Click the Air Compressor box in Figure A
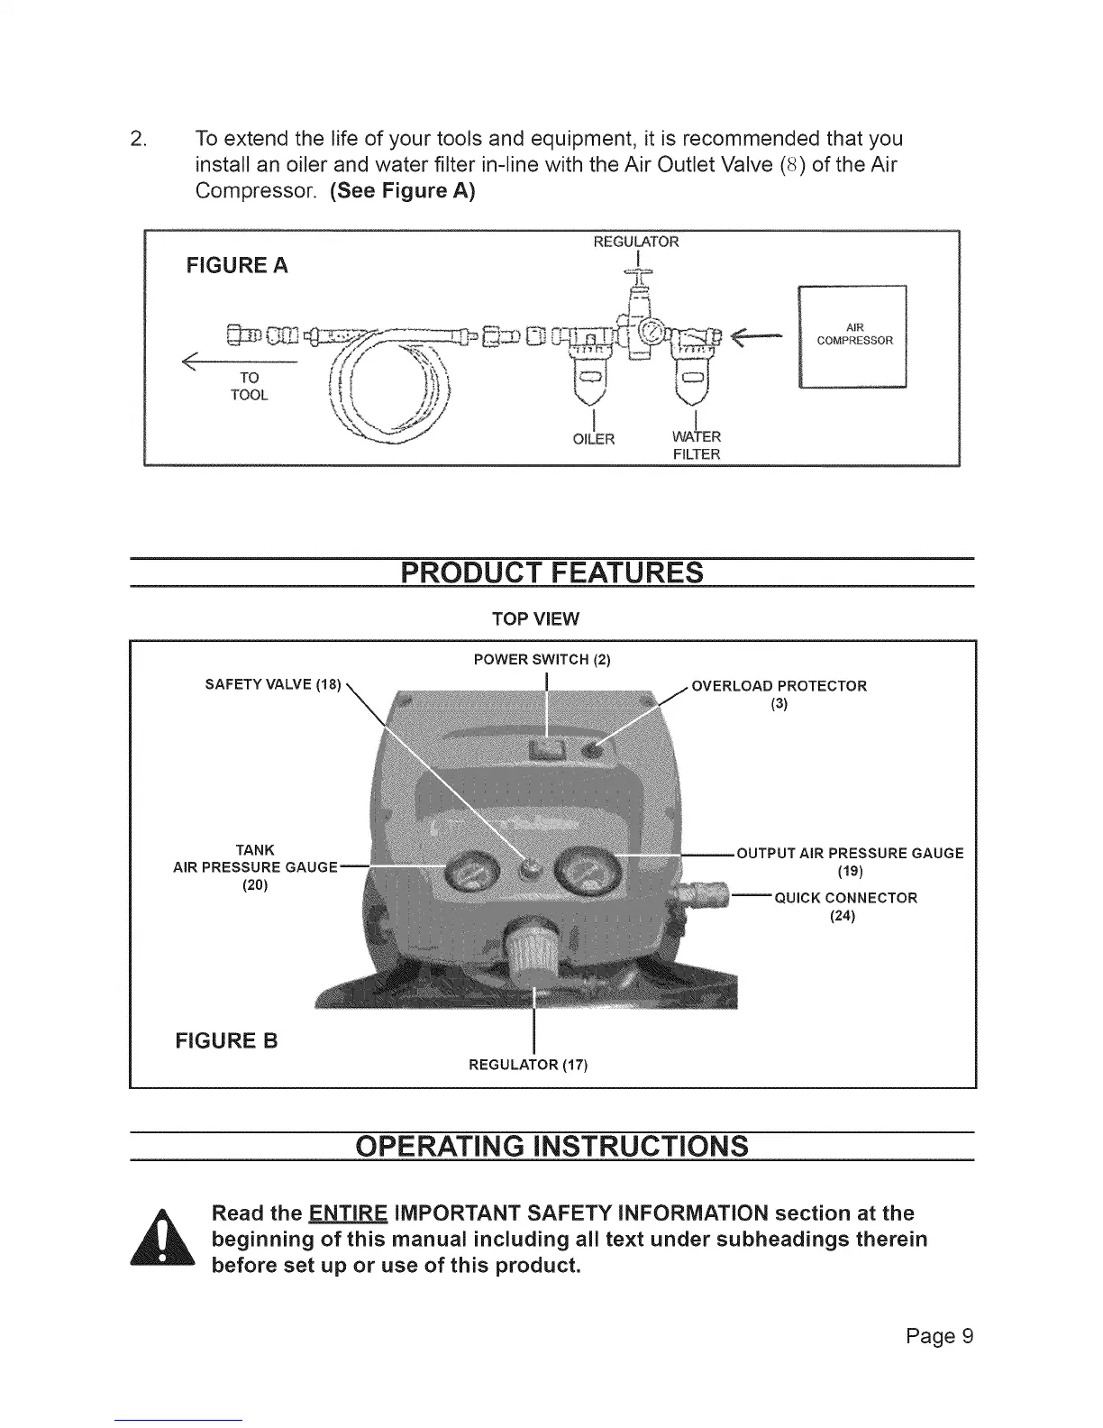[852, 335]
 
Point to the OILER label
[594, 439]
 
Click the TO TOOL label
[249, 386]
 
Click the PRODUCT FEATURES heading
[551, 572]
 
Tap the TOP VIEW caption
[535, 619]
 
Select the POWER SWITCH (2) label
[542, 660]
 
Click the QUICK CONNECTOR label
[844, 906]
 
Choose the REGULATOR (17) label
[528, 1066]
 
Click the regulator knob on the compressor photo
[533, 951]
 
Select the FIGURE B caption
[227, 1041]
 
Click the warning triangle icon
[163, 1239]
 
